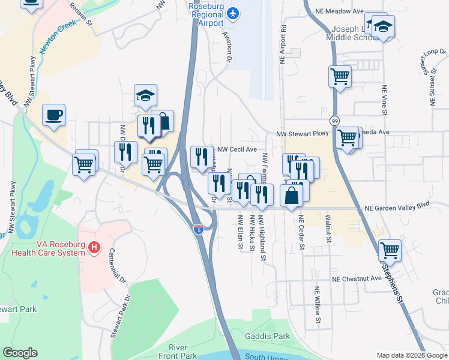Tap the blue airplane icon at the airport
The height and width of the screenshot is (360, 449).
[233, 13]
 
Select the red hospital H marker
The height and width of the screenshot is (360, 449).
[94, 247]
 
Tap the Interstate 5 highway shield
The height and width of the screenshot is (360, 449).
[198, 228]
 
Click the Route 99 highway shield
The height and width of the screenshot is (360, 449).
[334, 120]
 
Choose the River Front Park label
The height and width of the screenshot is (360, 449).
[183, 352]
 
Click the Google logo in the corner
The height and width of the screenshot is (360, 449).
[20, 353]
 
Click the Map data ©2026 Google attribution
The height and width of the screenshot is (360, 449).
[412, 355]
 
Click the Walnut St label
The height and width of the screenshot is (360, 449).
[328, 226]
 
